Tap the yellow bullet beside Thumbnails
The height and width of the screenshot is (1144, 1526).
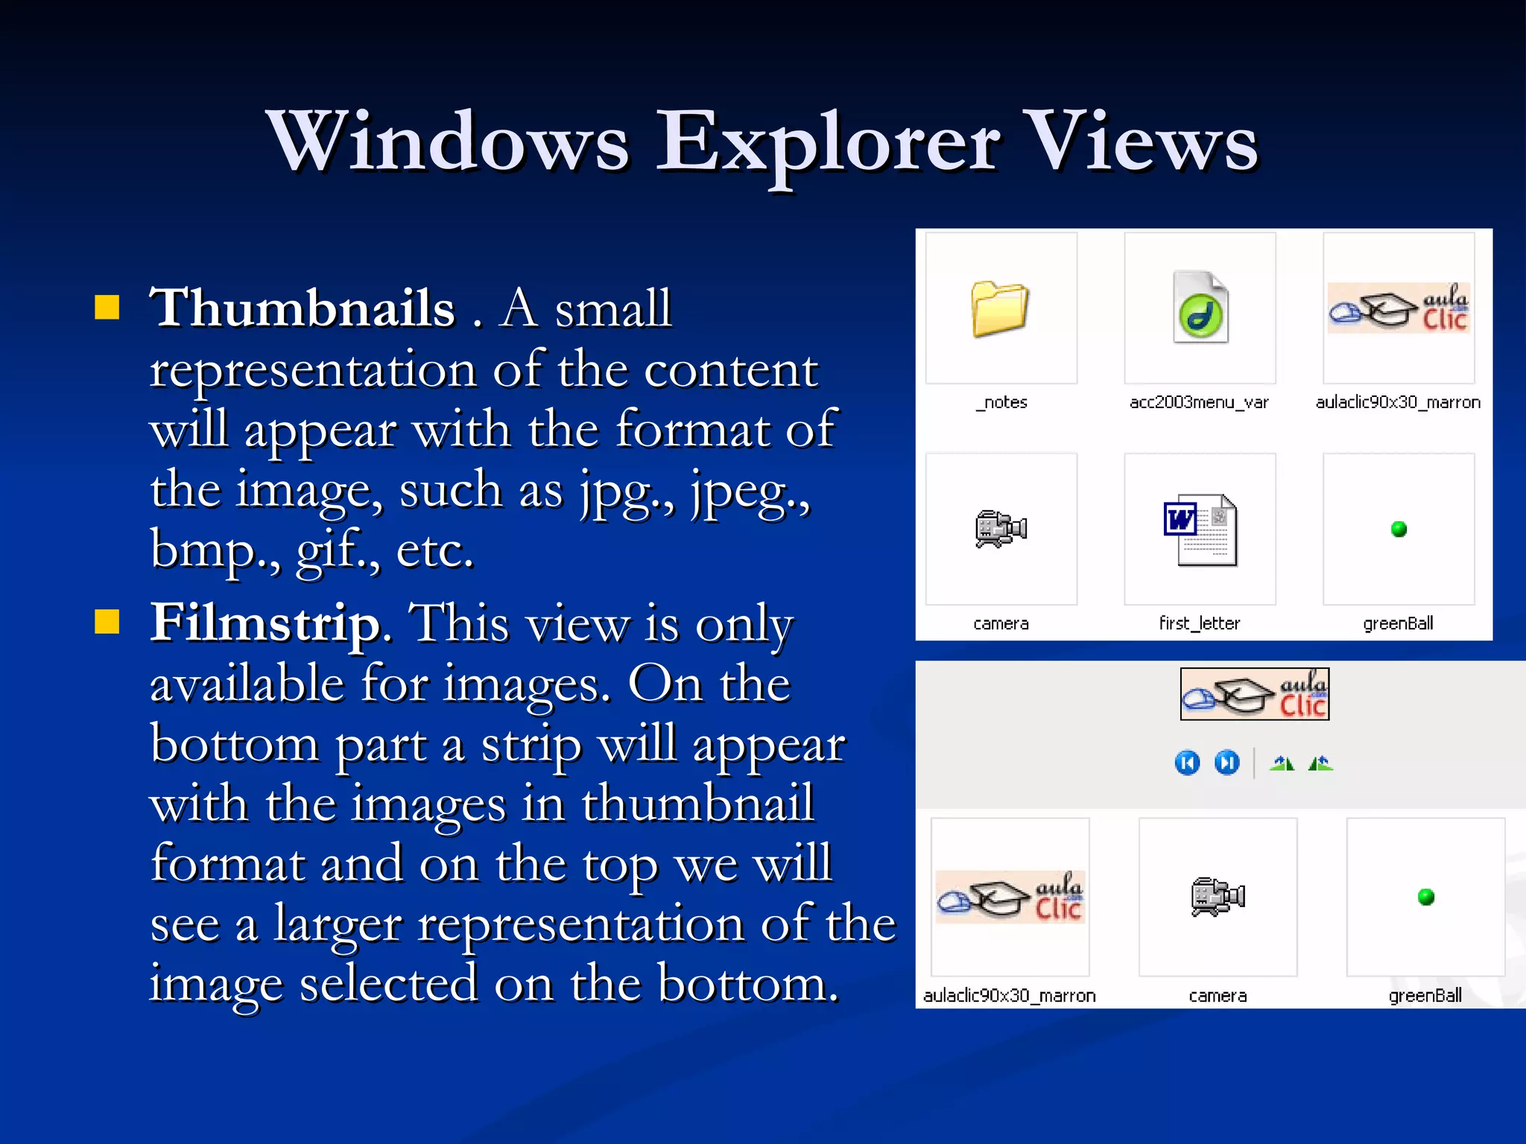[107, 307]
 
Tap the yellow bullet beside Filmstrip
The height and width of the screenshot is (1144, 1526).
[107, 622]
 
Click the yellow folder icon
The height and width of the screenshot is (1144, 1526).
[1000, 308]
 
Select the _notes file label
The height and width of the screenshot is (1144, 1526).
[1001, 402]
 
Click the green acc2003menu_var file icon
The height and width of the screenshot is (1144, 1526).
[1200, 308]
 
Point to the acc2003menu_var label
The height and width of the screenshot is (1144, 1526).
[1199, 402]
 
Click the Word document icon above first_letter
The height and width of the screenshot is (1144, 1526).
[1200, 530]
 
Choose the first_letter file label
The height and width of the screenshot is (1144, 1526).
[1200, 623]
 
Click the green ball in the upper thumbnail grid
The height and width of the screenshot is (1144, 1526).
[1399, 530]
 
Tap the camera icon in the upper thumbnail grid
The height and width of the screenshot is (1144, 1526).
[1001, 530]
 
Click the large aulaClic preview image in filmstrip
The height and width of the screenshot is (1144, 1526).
[1255, 694]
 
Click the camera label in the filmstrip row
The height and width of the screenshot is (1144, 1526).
[1218, 996]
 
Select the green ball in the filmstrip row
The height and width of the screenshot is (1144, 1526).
[1426, 897]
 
